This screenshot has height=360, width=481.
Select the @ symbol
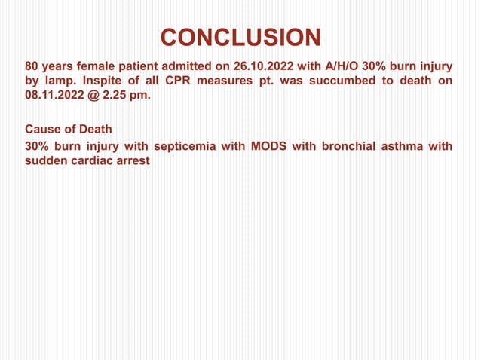tap(93, 96)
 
